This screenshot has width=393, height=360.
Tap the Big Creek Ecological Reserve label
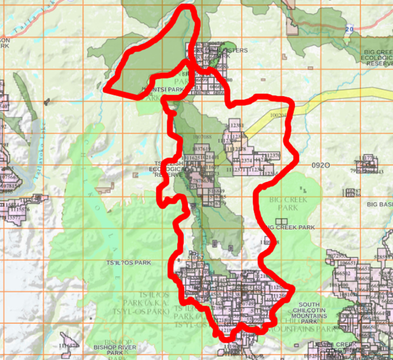click(x=378, y=58)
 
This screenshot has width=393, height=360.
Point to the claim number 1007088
click(x=202, y=137)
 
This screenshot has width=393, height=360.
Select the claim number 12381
click(x=237, y=125)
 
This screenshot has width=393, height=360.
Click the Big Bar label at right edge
click(x=380, y=204)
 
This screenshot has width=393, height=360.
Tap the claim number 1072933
click(x=337, y=256)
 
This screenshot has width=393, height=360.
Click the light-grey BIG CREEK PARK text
click(x=288, y=204)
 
